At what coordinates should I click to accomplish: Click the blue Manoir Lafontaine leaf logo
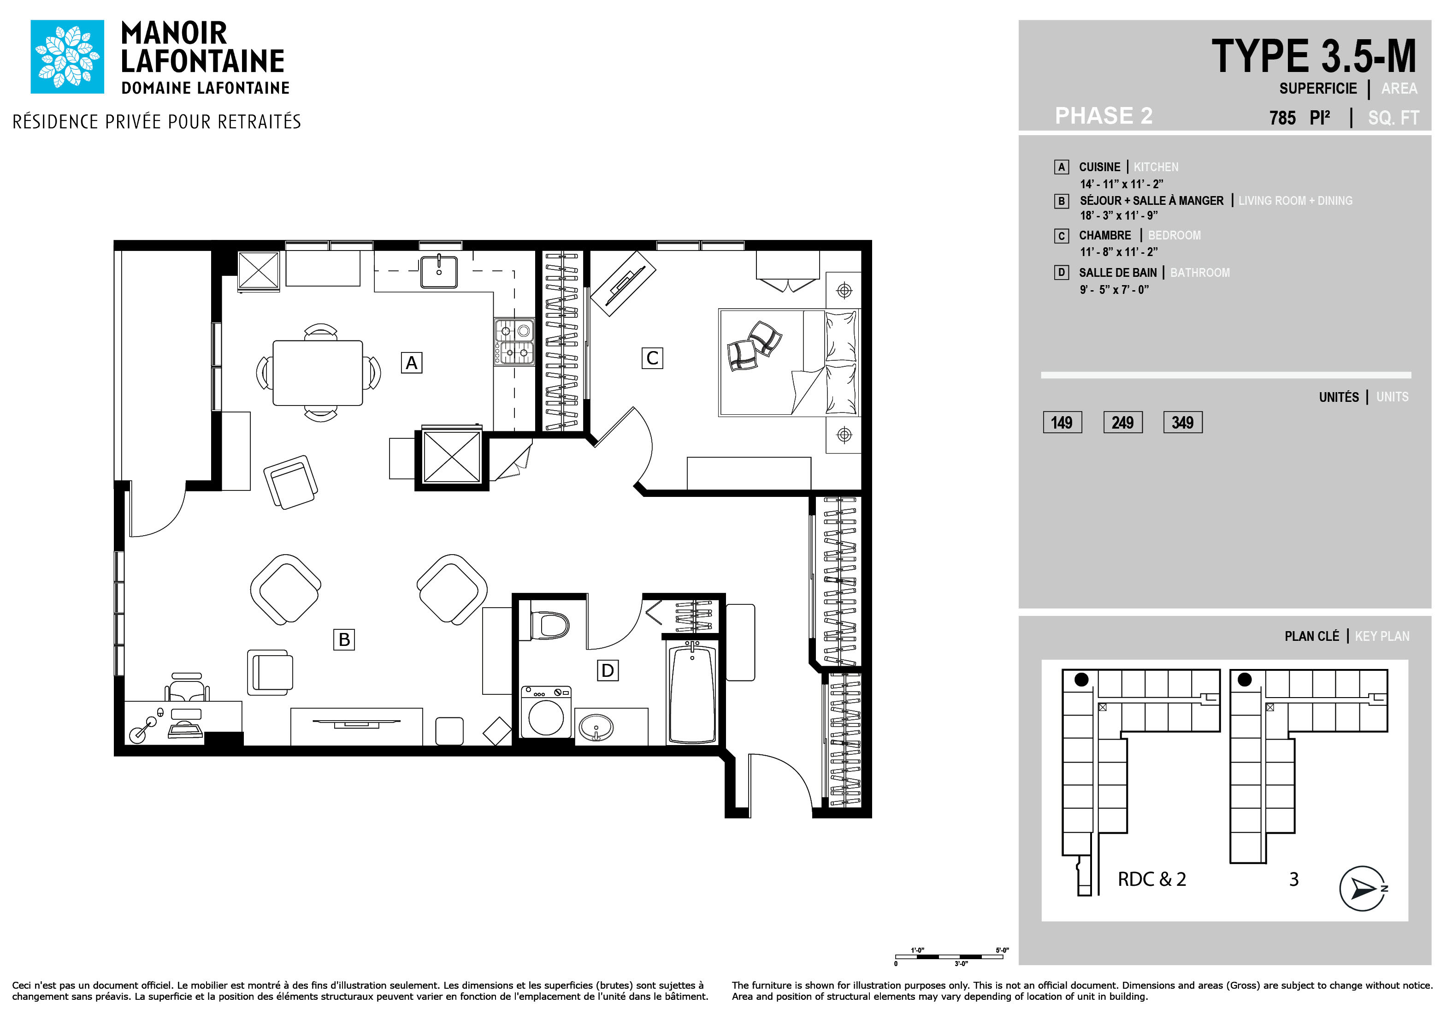[x=67, y=56]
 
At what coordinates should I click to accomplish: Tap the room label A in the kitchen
[x=412, y=363]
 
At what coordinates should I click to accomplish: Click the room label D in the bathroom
[x=608, y=670]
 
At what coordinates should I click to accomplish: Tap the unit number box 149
[x=1062, y=422]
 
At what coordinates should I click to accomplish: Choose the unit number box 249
[x=1122, y=422]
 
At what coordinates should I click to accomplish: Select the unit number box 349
[x=1183, y=422]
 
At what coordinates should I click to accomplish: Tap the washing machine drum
[x=546, y=717]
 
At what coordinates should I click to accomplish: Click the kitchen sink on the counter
[x=439, y=271]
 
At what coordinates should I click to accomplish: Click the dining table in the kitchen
[x=318, y=373]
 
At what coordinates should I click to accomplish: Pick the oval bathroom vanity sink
[x=596, y=727]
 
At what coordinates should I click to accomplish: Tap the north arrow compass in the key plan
[x=1363, y=889]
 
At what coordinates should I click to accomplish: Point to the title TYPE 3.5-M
[x=1314, y=56]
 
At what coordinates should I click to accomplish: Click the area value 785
[x=1282, y=118]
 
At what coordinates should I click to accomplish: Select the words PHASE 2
[x=1104, y=116]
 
